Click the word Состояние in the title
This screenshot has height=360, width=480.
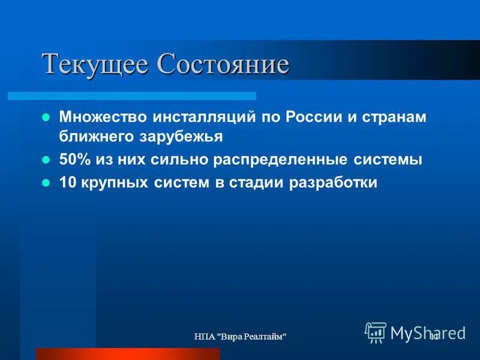223,64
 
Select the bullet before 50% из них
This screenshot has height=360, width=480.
45,160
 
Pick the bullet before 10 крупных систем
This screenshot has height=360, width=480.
45,184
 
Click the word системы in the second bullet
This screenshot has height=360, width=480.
384,160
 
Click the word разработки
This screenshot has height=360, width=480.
334,183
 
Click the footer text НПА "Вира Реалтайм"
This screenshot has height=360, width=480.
239,338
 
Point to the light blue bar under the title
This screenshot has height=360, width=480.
132,95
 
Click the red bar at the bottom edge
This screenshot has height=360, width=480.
128,353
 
